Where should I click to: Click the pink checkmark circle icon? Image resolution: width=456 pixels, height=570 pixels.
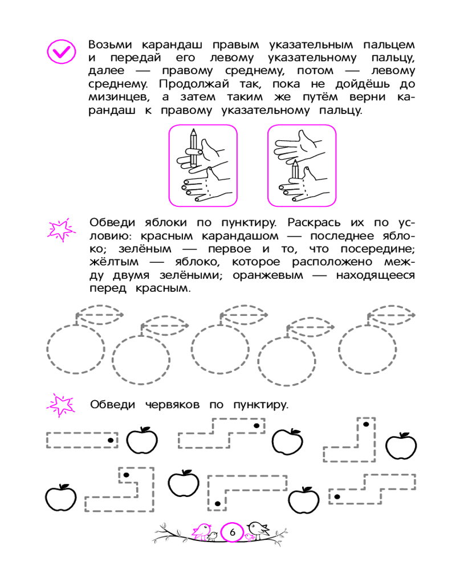(x=60, y=52)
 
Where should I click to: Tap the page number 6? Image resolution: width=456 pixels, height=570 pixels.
(x=232, y=532)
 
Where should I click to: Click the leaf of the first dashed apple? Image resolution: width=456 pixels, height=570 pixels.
(x=100, y=313)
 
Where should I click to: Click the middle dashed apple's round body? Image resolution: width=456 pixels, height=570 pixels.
(x=219, y=348)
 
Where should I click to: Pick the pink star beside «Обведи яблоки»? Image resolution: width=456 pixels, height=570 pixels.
(x=60, y=229)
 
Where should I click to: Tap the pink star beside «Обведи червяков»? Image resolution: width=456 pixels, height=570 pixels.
(x=60, y=404)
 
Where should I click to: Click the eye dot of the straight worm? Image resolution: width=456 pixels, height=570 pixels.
(x=111, y=440)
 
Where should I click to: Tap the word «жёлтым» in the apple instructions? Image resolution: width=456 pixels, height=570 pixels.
(x=110, y=263)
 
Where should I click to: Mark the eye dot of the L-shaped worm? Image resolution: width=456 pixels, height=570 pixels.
(x=365, y=424)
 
